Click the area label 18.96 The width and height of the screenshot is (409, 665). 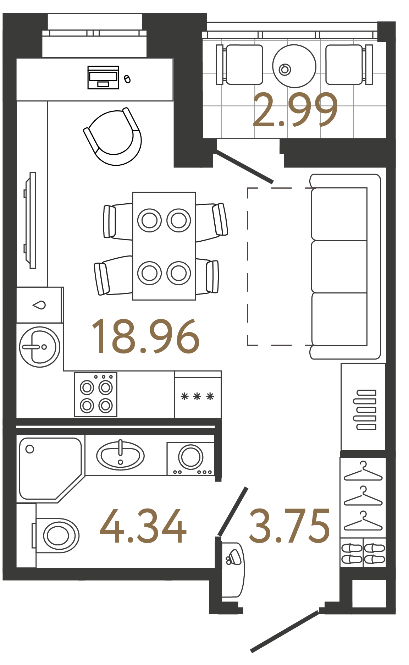tap(145, 336)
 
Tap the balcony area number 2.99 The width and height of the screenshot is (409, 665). tap(295, 110)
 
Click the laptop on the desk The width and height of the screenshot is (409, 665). tap(103, 77)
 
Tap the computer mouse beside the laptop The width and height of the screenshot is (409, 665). tap(127, 79)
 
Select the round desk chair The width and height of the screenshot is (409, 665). tap(113, 137)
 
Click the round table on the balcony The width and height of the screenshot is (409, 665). tap(294, 66)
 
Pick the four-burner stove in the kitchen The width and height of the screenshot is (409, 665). tap(96, 394)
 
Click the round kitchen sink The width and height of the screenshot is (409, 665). tap(40, 347)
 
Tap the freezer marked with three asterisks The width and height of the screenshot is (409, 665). tap(198, 395)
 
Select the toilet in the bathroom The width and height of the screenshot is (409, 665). tap(56, 535)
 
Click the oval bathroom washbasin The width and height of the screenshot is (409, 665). tap(120, 456)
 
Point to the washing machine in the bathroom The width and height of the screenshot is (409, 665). tap(191, 458)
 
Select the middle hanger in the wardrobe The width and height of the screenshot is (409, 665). tap(363, 496)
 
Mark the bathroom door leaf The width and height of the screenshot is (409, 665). tap(233, 511)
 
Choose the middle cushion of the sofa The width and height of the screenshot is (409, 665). tap(339, 266)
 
